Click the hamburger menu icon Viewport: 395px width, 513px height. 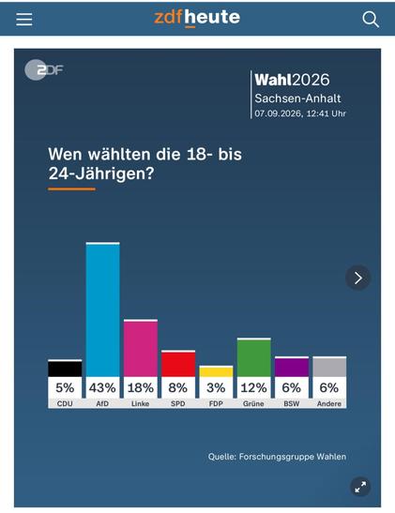(x=24, y=20)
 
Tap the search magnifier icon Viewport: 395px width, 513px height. (x=371, y=20)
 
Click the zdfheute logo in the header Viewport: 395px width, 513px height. (x=197, y=18)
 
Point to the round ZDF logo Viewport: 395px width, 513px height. (x=43, y=70)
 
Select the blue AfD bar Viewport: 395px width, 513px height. (x=103, y=309)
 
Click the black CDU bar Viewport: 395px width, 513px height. (x=65, y=369)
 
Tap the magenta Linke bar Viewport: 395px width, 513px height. (x=141, y=348)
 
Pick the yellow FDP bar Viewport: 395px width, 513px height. (x=216, y=371)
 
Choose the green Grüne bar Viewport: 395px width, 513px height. (x=254, y=357)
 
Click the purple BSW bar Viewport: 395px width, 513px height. (x=292, y=367)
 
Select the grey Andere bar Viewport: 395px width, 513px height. (x=329, y=367)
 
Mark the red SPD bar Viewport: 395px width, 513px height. (x=178, y=364)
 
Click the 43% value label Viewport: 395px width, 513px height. (x=102, y=387)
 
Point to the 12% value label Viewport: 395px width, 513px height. (x=254, y=387)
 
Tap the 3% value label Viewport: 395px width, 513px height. (x=216, y=387)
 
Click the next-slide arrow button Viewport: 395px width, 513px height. (x=358, y=278)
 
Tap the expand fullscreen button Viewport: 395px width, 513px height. (x=360, y=487)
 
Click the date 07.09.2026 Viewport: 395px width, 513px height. (x=278, y=113)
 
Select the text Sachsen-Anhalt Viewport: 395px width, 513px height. (x=297, y=98)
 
